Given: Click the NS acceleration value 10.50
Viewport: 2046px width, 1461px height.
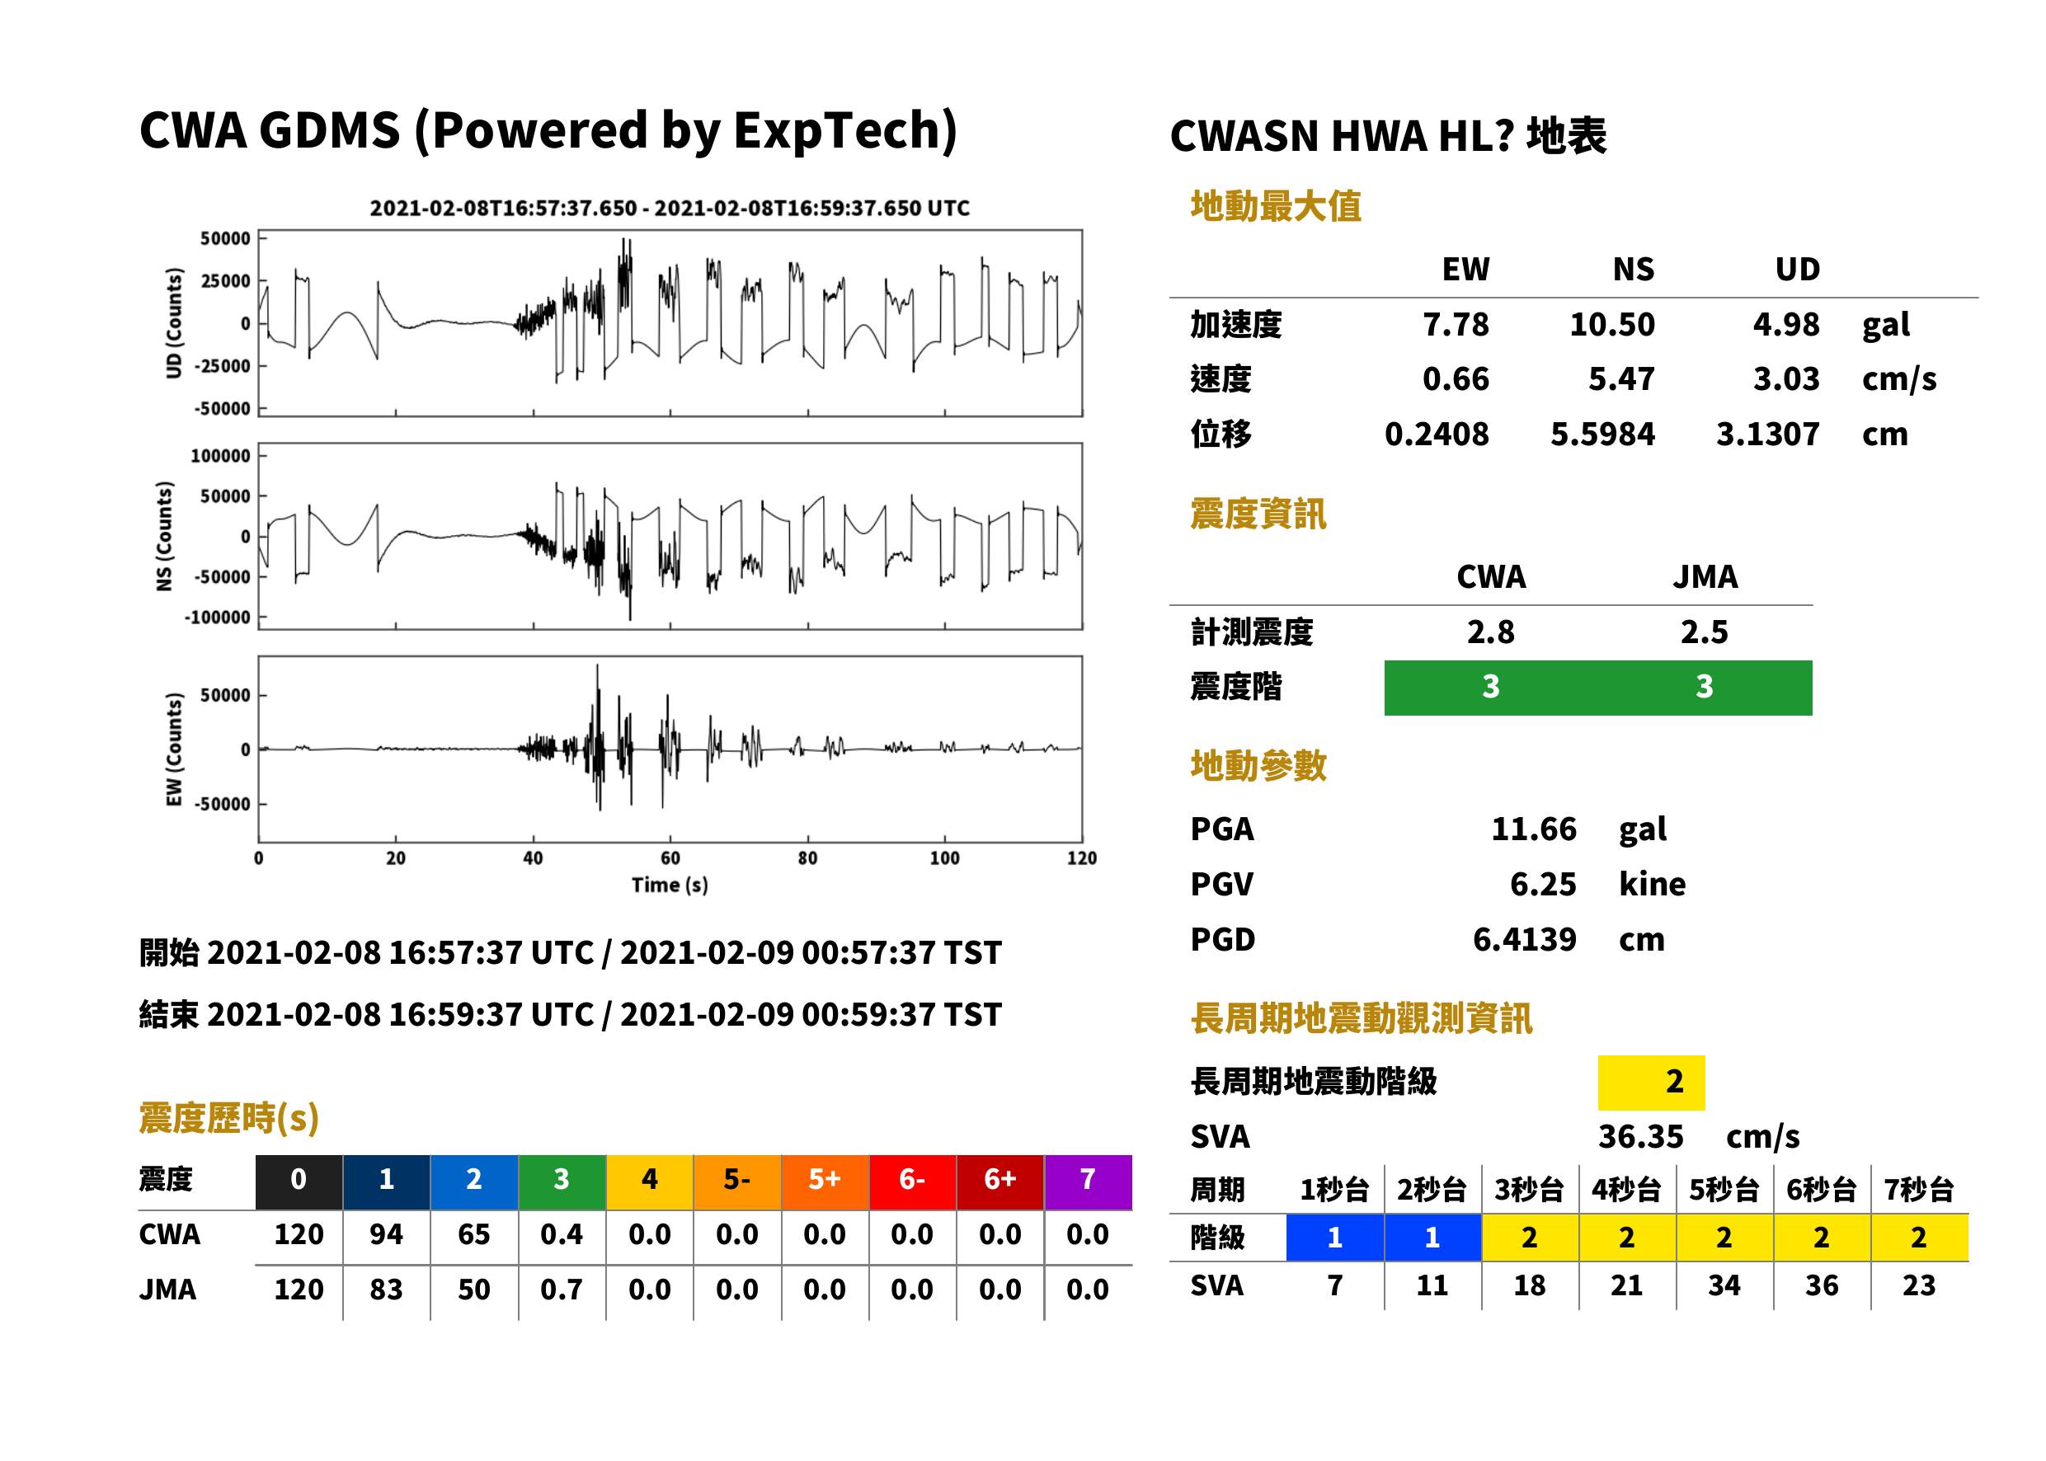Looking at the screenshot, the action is pos(1611,324).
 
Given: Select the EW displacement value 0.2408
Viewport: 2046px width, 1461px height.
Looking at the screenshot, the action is pos(1436,434).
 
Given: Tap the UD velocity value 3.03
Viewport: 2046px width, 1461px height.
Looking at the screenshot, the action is pos(1786,378).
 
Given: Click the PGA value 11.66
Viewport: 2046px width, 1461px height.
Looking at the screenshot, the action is pos(1533,829).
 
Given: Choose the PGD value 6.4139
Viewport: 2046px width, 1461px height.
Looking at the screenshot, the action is pos(1524,939).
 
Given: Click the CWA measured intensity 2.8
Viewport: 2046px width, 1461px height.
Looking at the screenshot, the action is pos(1491,632).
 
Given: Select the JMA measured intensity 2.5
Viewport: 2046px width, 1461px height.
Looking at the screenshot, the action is pos(1704,632).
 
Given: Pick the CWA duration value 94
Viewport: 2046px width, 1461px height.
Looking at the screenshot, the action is pos(386,1234).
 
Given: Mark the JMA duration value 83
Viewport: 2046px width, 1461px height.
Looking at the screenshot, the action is pos(386,1290).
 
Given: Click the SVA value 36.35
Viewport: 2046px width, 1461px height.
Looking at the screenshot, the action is pos(1640,1136).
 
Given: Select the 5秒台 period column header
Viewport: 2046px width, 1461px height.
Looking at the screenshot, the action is pos(1724,1189).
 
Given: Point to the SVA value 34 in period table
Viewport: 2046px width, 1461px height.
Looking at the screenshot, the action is pos(1724,1285).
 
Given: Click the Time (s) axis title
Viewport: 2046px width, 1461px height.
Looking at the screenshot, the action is pos(670,886).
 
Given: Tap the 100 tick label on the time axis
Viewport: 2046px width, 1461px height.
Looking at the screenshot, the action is pos(945,858).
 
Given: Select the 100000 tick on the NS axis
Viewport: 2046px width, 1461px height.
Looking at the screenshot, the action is pos(219,456).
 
